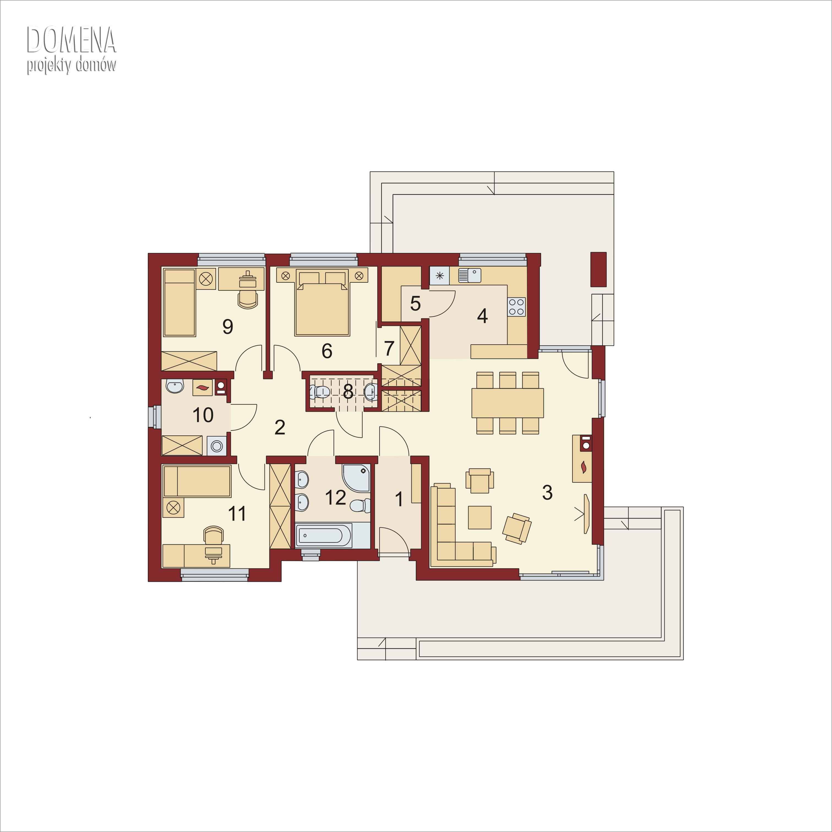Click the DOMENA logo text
tap(72, 40)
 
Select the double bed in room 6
tap(322, 302)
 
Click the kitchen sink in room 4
tap(470, 275)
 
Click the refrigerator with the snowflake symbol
tap(439, 275)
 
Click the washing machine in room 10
tap(217, 446)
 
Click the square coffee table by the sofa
tap(480, 517)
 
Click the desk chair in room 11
tap(214, 536)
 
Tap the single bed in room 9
tap(179, 302)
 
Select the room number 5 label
tap(415, 304)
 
